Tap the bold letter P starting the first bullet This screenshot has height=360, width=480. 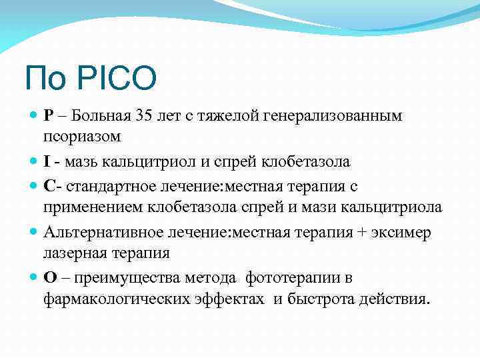[48, 116]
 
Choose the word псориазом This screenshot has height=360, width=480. [83, 137]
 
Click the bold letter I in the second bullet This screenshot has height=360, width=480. [47, 162]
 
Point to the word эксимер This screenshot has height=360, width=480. [404, 231]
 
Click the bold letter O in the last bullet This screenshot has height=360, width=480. [49, 277]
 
